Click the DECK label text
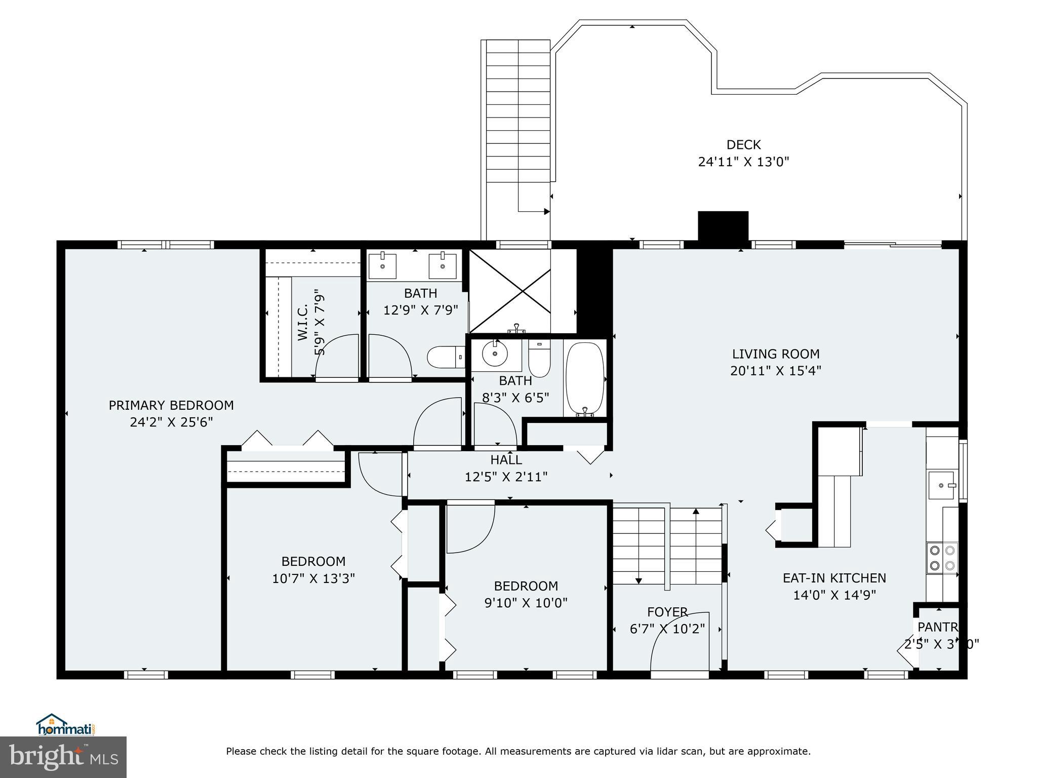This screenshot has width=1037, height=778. click(743, 145)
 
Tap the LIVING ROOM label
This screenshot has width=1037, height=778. click(775, 354)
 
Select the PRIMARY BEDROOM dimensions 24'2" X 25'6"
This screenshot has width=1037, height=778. click(171, 422)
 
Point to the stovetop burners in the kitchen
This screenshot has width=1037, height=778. click(942, 557)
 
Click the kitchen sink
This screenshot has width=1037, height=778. click(941, 485)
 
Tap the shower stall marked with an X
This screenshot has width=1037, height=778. click(510, 291)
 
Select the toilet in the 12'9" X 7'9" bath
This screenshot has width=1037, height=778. click(446, 357)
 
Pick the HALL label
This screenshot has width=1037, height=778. click(506, 460)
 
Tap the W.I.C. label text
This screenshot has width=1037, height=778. click(303, 322)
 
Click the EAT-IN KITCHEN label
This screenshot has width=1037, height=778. click(834, 578)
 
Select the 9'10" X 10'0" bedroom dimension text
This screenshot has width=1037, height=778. click(526, 603)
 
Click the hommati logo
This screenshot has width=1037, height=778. click(66, 725)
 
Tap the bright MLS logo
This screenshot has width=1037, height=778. click(63, 757)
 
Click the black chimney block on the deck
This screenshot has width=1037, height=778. click(723, 225)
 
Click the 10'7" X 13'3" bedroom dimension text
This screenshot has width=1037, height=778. click(313, 578)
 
